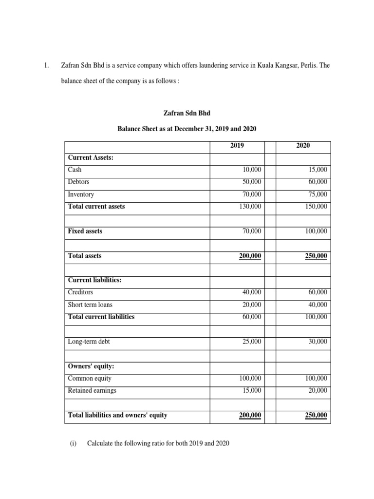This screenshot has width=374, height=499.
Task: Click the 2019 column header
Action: [237, 146]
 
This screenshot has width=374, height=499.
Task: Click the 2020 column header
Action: [303, 146]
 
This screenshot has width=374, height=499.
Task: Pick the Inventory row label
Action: [81, 194]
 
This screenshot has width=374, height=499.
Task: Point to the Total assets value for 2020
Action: [316, 256]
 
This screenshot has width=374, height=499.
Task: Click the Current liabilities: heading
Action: [95, 280]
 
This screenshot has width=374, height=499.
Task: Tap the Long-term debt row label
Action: [89, 342]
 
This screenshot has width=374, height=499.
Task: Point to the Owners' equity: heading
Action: [91, 366]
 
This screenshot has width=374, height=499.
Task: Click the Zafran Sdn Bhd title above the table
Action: [187, 113]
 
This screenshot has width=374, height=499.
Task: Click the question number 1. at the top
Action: [46, 65]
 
